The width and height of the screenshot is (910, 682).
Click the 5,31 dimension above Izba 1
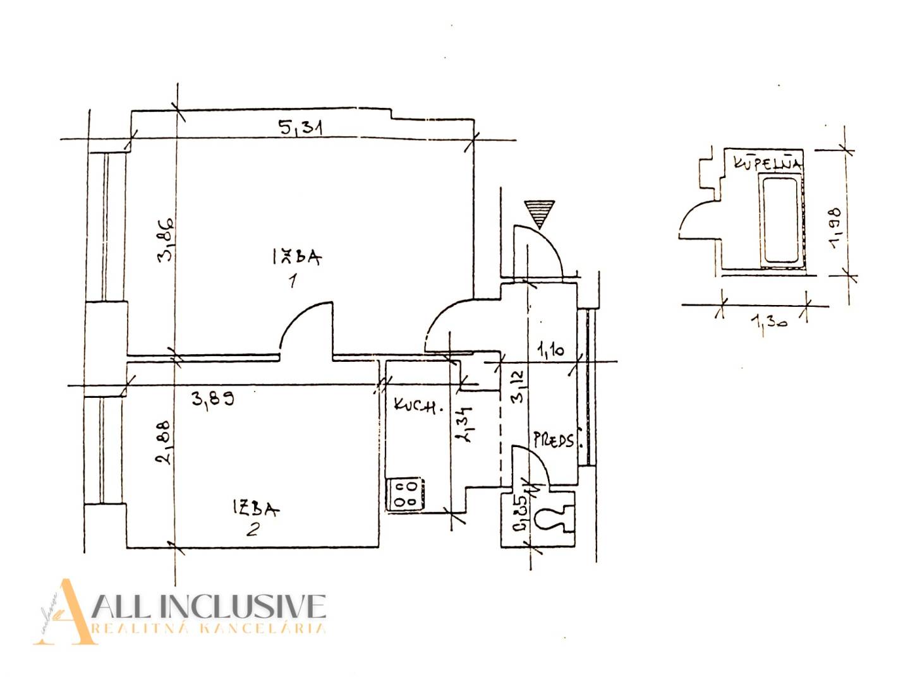pos(301,128)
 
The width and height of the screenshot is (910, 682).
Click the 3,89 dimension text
pos(213,398)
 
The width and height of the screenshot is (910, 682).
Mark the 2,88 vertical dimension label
pos(164,442)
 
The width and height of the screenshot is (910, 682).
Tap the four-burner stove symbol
pos(404,494)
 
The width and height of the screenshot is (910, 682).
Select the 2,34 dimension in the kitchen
pos(466,423)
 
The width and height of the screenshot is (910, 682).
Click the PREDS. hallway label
pos(554,440)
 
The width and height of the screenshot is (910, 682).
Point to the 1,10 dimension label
pos(550,349)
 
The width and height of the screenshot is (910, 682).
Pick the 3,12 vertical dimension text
pos(518,386)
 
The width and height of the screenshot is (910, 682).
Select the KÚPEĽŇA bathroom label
pos(768,163)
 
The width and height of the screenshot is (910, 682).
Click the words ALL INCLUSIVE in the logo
pos(209,606)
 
